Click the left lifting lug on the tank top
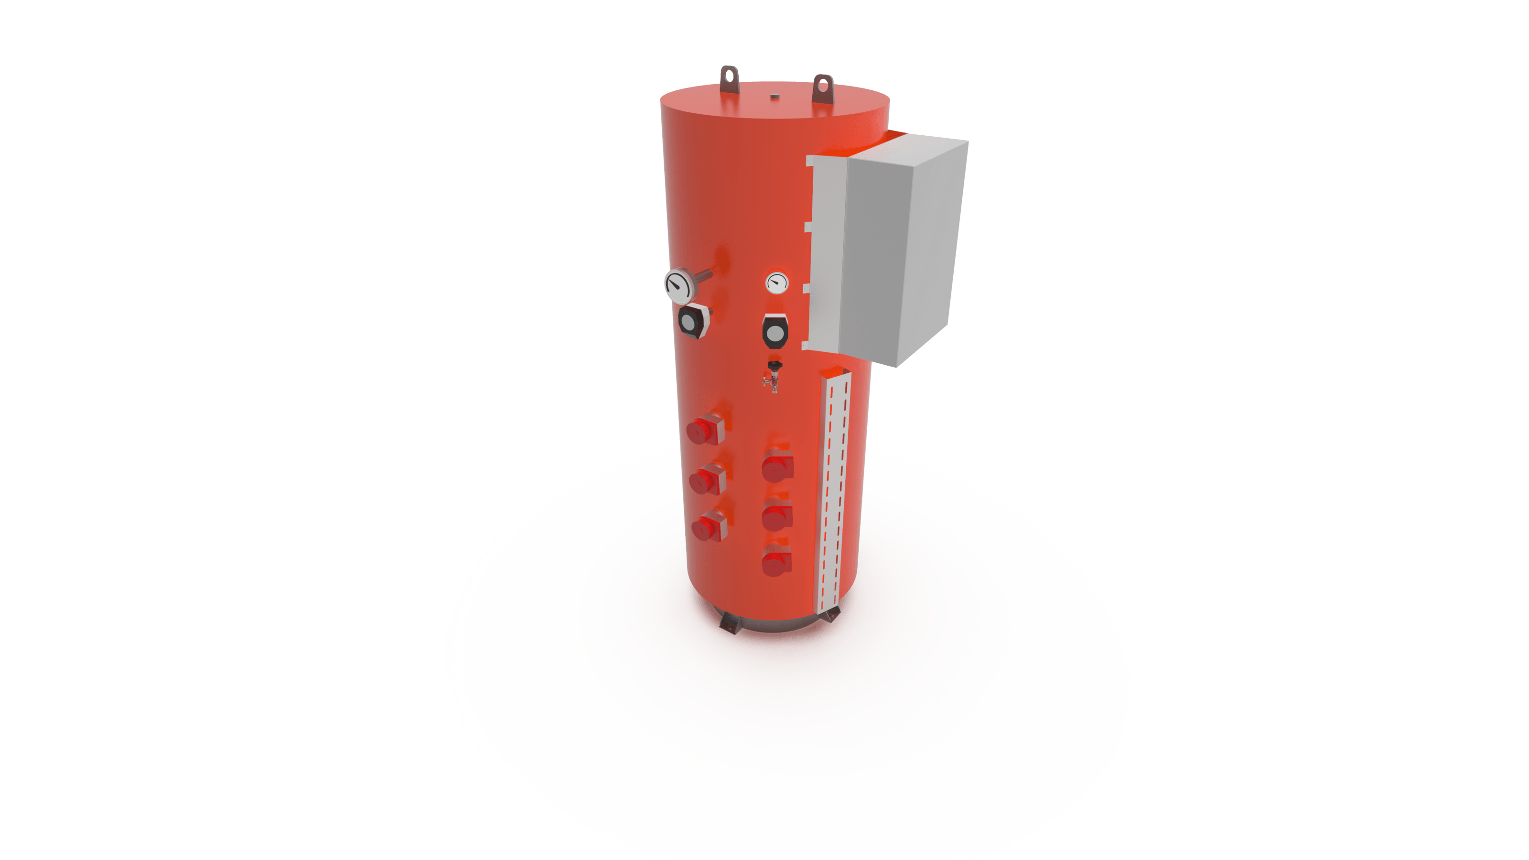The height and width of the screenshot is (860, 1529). pyautogui.click(x=730, y=79)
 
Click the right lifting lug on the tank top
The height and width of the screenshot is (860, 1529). pyautogui.click(x=823, y=89)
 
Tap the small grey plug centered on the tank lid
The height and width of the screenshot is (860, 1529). pyautogui.click(x=774, y=95)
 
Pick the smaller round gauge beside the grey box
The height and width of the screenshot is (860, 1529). pyautogui.click(x=776, y=283)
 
